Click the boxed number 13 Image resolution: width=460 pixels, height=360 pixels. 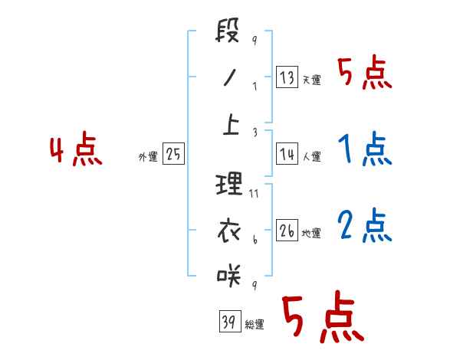287,77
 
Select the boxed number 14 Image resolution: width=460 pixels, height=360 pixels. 287,154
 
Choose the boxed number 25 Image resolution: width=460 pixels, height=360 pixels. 174,154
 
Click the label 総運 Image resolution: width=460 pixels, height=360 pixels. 255,325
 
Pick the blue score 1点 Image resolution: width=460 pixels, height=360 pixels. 365,149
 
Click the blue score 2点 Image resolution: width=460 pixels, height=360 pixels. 365,224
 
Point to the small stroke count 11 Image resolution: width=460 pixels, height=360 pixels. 255,195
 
